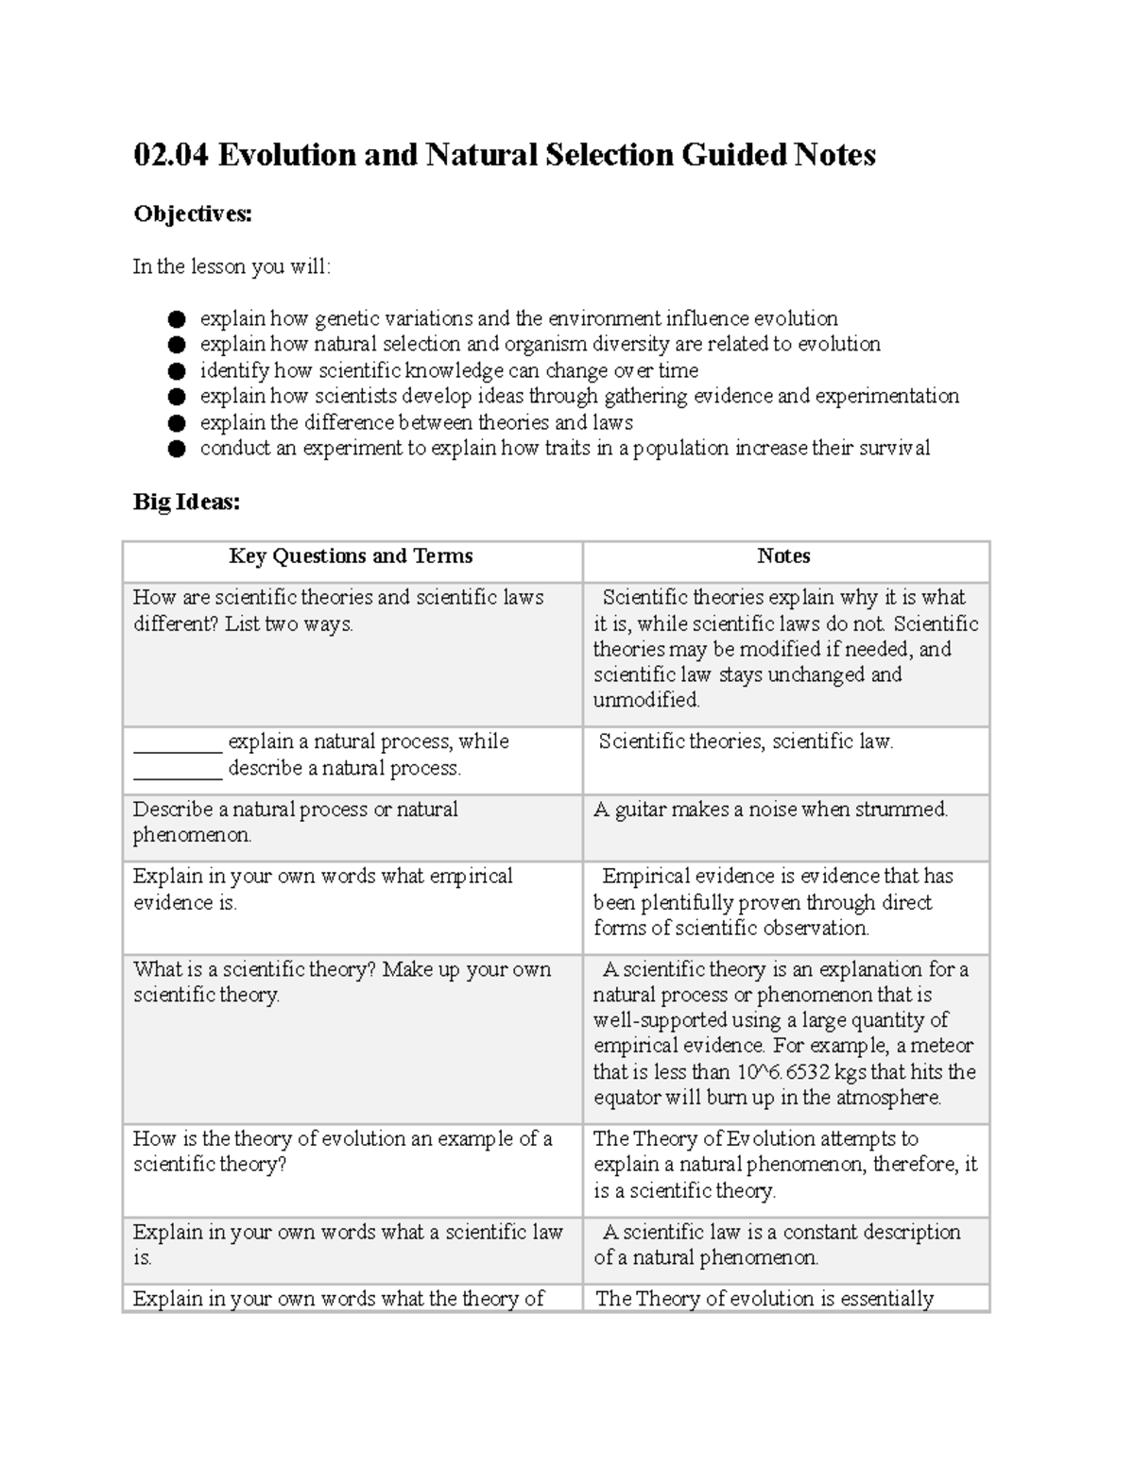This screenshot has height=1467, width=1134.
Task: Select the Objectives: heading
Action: (x=193, y=214)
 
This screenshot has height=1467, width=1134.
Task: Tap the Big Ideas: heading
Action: (x=186, y=503)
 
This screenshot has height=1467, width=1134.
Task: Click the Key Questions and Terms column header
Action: (x=351, y=556)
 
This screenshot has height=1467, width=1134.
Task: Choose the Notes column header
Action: (x=783, y=556)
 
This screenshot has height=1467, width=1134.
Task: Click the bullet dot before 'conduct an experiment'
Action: (x=176, y=449)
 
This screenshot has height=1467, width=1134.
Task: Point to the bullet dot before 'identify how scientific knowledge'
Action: (x=176, y=371)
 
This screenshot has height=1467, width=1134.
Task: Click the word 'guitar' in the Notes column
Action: (x=640, y=810)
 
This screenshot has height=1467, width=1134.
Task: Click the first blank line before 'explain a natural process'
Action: (x=178, y=743)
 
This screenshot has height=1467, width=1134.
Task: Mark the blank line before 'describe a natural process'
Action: (x=178, y=770)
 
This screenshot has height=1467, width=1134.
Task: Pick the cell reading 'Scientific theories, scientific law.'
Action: (x=746, y=742)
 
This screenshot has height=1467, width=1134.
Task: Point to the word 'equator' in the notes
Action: (x=627, y=1098)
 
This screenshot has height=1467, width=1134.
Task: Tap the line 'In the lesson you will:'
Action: (x=232, y=266)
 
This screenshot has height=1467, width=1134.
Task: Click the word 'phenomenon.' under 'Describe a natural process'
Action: (x=192, y=835)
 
